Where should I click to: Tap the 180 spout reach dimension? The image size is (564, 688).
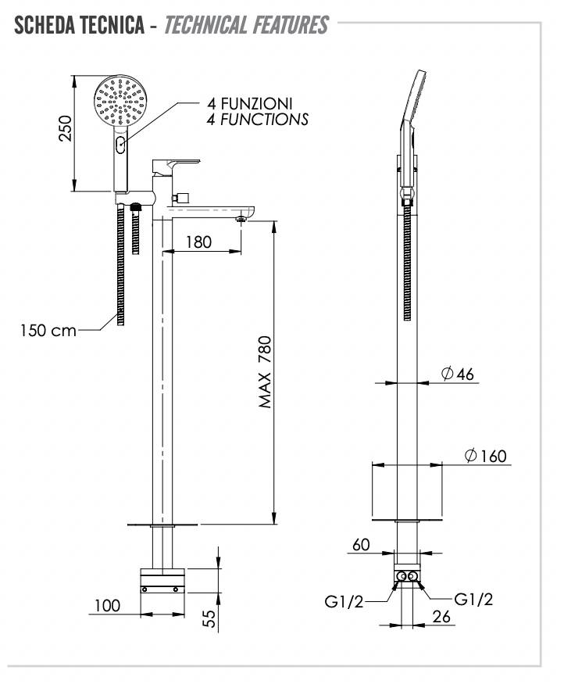pos(199,242)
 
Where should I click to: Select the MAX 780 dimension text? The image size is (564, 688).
pos(266,372)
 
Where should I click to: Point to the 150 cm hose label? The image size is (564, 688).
pos(48,330)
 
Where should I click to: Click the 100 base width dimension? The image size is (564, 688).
pos(109,605)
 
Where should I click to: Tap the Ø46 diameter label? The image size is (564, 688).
pos(458,374)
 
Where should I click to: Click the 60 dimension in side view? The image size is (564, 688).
pos(361,545)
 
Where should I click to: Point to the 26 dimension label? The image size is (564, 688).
pos(441,617)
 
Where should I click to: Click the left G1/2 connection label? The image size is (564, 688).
pos(344,600)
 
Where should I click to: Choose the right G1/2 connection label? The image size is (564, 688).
pos(473,599)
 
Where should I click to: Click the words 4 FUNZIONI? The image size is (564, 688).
pos(250,103)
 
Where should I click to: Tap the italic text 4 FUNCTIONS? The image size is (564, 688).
pos(257,120)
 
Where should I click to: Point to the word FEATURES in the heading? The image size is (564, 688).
pos(291,25)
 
